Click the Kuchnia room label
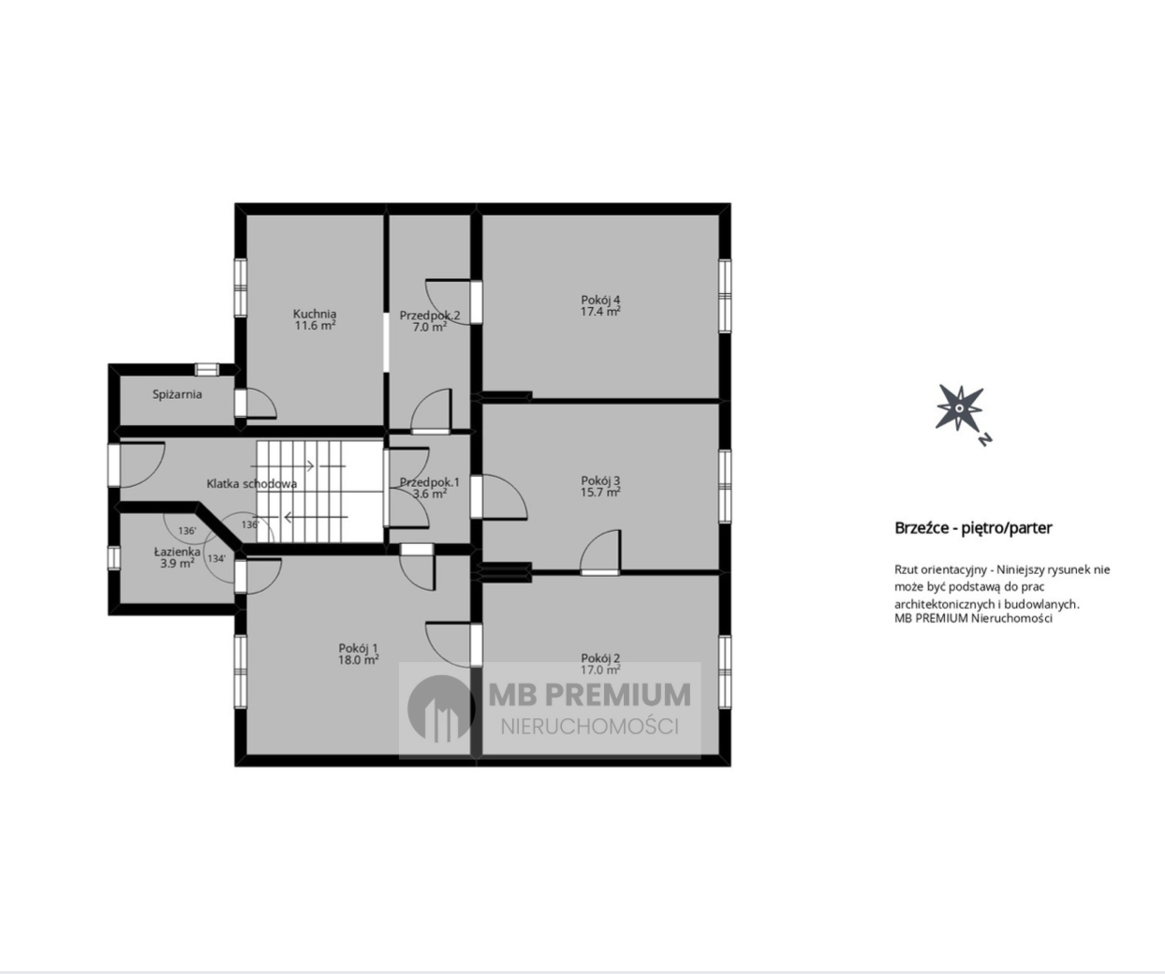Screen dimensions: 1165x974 click(315, 314)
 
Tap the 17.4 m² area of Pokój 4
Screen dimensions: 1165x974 click(600, 312)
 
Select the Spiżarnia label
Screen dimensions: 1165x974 click(177, 394)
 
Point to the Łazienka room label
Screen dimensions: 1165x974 click(177, 552)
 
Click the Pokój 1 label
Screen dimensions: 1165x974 click(358, 649)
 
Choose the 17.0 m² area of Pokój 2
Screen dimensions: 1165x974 click(600, 670)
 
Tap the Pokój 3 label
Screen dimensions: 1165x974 click(600, 480)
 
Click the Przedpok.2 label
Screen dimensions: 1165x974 click(430, 316)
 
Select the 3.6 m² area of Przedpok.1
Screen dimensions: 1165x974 click(430, 494)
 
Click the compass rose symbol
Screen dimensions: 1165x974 click(959, 407)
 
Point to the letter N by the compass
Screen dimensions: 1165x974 click(985, 439)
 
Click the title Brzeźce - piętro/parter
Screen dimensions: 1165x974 click(973, 528)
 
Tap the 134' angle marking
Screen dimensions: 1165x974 click(216, 558)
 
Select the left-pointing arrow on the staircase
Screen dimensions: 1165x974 click(316, 517)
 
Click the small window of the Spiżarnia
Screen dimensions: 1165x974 click(207, 370)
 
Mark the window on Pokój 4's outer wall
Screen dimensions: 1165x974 click(725, 296)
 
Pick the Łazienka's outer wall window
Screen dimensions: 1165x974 click(114, 557)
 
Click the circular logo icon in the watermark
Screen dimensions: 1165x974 click(441, 709)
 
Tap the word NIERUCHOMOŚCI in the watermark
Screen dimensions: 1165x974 click(590, 727)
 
